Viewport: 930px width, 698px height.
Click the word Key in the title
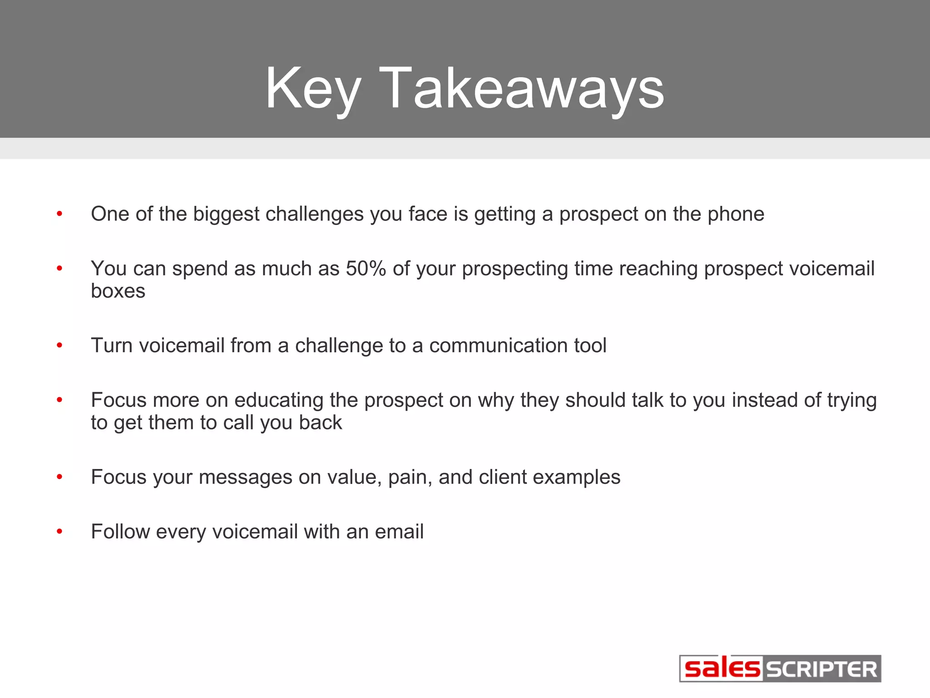click(x=313, y=89)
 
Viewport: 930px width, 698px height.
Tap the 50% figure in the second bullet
click(x=366, y=269)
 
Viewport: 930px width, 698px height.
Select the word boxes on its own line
click(x=118, y=291)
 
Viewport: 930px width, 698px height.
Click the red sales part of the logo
click(x=722, y=668)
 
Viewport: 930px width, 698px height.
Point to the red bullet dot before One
click(x=59, y=214)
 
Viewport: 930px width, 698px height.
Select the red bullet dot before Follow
click(x=59, y=531)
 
